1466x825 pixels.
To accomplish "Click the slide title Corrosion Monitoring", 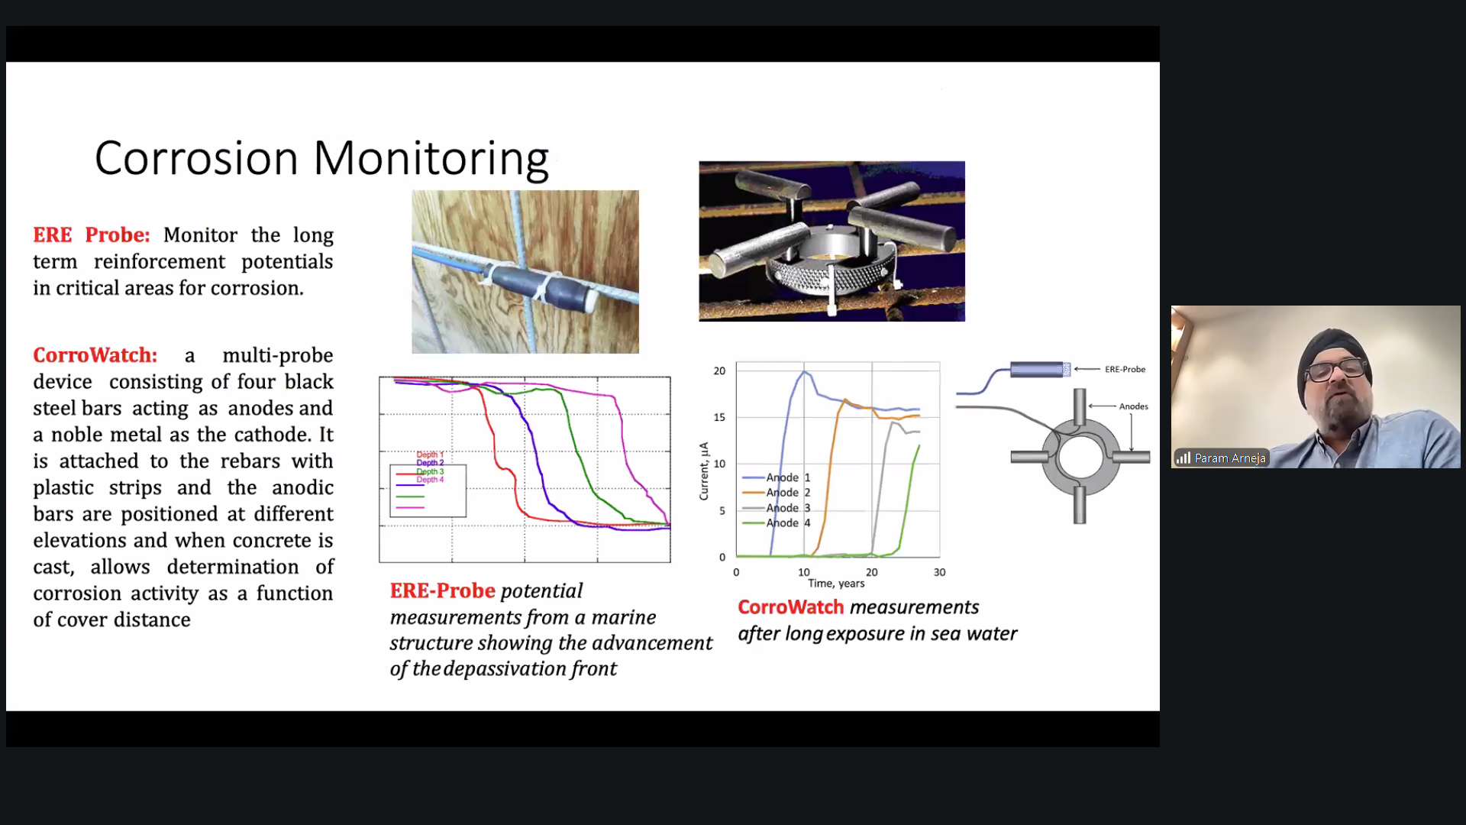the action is tap(321, 159).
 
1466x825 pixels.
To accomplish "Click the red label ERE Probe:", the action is tap(92, 235).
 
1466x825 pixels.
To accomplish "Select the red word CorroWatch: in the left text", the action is tap(95, 355).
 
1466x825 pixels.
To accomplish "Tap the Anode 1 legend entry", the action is tap(777, 477).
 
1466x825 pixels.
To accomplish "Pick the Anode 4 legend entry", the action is tap(777, 523).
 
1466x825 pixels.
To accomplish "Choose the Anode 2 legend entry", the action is tap(777, 493).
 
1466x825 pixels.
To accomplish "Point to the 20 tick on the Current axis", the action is tap(719, 371).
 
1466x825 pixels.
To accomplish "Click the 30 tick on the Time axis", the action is tap(939, 572).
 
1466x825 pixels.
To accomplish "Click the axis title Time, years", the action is tap(836, 584).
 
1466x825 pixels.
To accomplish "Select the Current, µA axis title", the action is tap(704, 471).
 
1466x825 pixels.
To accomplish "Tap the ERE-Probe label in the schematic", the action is tap(1125, 370).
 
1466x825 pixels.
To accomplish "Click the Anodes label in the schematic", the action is tap(1133, 406).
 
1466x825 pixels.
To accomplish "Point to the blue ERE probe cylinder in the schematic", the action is tap(1039, 370).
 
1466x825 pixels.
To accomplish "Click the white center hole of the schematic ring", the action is tap(1080, 458).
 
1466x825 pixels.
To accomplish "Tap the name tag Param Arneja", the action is tap(1229, 458).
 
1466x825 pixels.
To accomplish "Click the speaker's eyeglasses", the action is tap(1336, 370).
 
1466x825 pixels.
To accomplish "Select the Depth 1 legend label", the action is tap(430, 455).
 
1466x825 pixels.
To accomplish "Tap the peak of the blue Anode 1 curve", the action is tap(804, 371).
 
